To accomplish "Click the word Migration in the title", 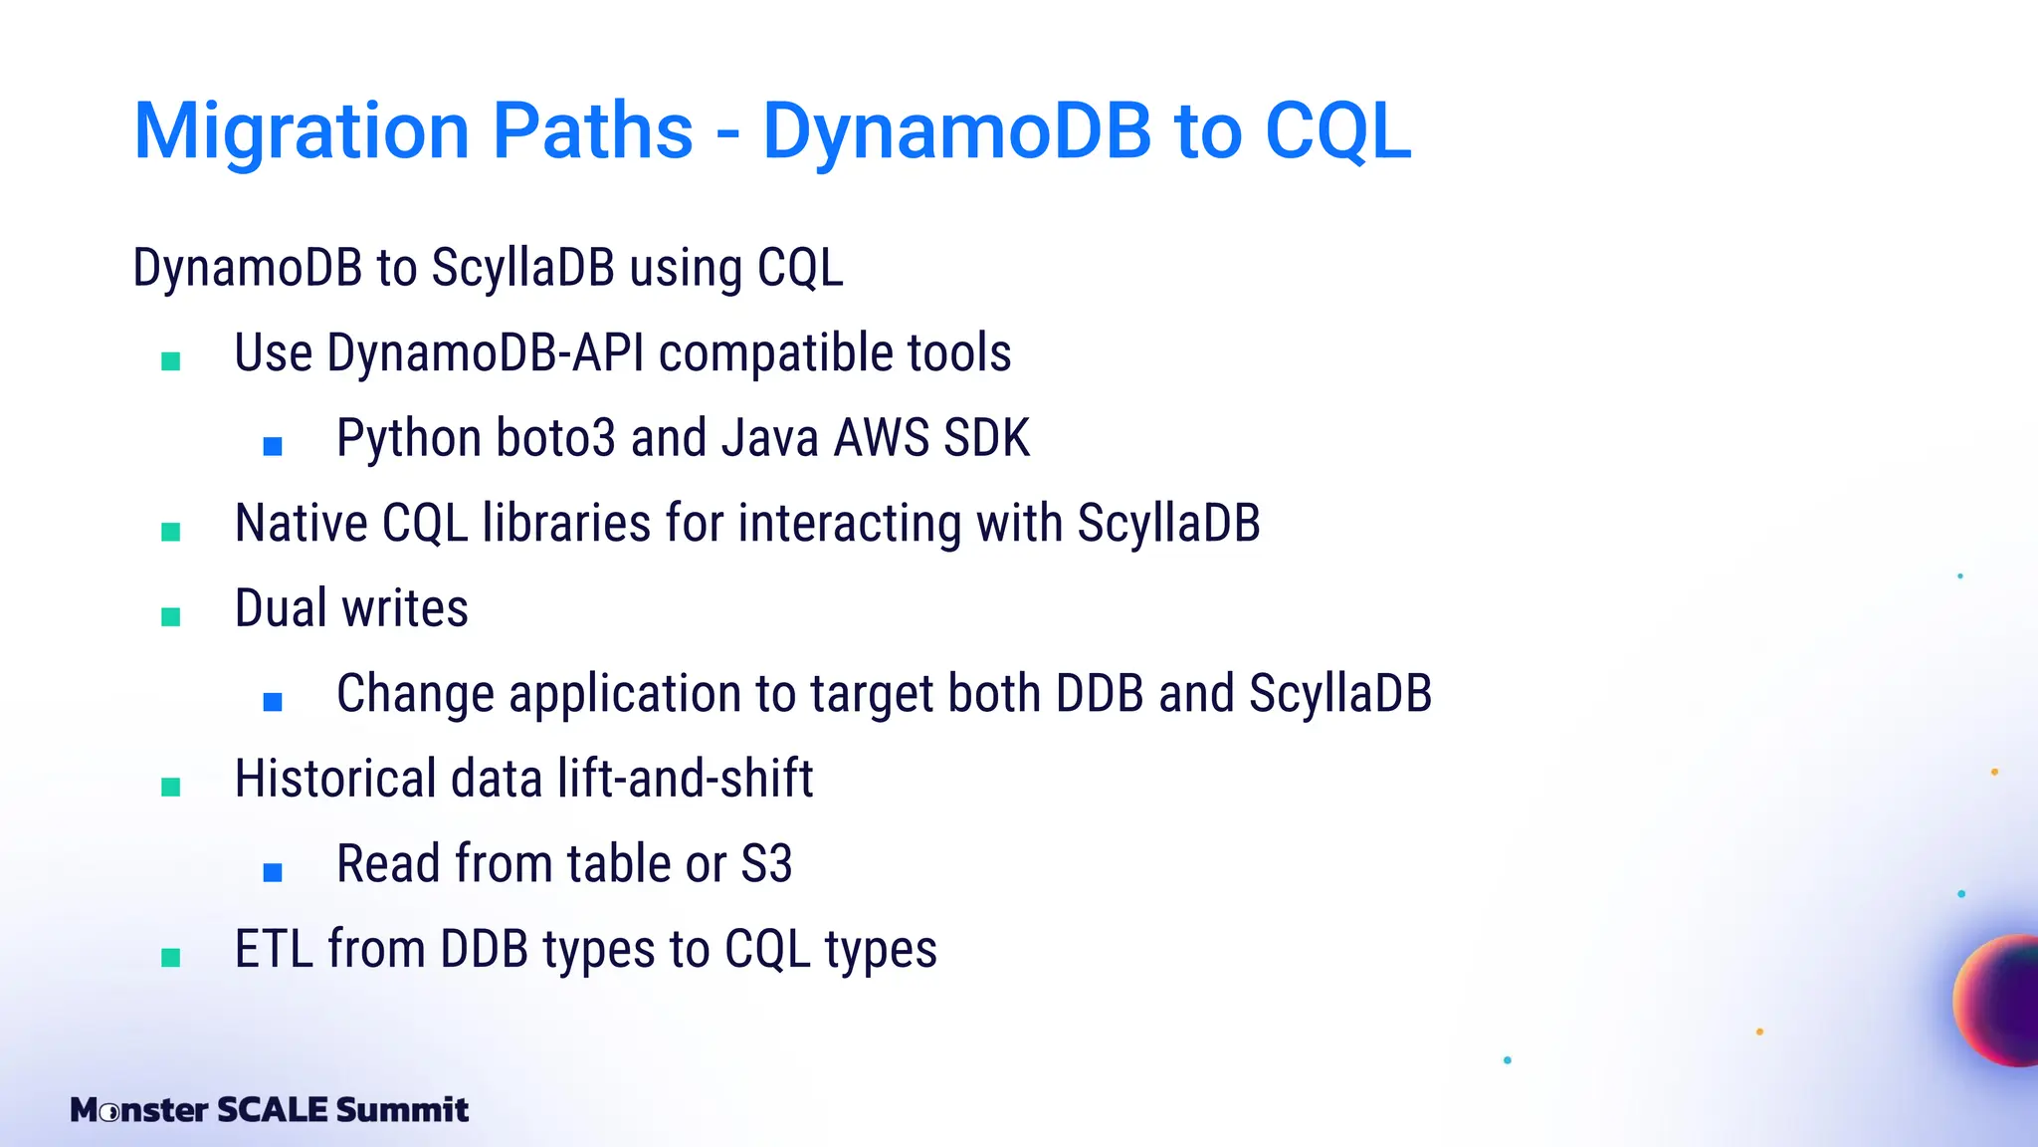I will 302,131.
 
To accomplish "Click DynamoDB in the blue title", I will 956,131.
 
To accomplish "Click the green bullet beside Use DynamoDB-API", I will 170,361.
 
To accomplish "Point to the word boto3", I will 555,438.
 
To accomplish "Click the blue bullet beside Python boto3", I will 273,446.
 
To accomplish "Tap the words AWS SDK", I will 931,438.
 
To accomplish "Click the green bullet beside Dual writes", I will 170,617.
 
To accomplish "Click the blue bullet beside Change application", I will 273,702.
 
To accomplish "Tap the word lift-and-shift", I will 685,779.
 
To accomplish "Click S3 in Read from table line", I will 766,864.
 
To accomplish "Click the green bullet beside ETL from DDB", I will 170,958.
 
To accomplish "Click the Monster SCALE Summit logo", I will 269,1109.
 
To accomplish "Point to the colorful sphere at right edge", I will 2000,1001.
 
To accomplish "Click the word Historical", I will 335,779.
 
